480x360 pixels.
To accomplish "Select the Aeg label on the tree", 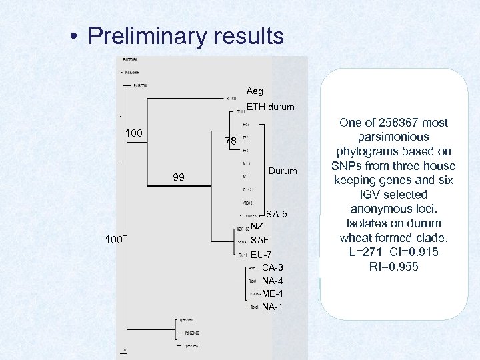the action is pyautogui.click(x=255, y=91).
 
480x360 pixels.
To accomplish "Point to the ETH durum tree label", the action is pyautogui.click(x=270, y=107).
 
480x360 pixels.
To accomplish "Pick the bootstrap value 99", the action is pyautogui.click(x=179, y=177).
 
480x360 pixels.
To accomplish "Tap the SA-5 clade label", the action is pyautogui.click(x=277, y=214).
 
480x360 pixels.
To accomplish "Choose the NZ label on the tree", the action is pyautogui.click(x=257, y=227).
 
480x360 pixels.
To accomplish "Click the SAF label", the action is pyautogui.click(x=259, y=240).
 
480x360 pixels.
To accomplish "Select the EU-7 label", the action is pyautogui.click(x=261, y=255).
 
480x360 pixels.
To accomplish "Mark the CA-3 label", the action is pyautogui.click(x=272, y=267).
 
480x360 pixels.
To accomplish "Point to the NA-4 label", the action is pyautogui.click(x=273, y=281).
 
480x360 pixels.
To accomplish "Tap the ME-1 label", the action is pyautogui.click(x=273, y=293).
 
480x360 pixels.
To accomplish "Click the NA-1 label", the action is pyautogui.click(x=273, y=307).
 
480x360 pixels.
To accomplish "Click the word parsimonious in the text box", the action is pyautogui.click(x=393, y=137).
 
